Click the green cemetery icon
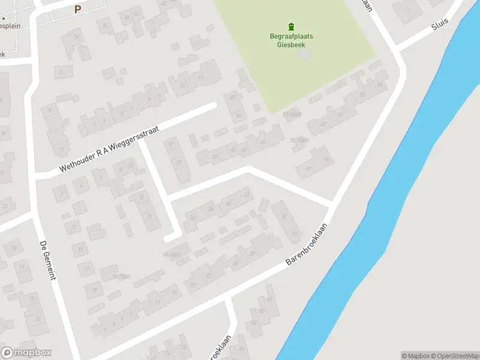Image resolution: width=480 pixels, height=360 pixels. [291, 26]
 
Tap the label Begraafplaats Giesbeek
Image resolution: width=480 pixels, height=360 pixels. [291, 40]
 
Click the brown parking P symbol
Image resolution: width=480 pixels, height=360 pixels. [77, 9]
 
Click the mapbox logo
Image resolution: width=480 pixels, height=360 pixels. [26, 353]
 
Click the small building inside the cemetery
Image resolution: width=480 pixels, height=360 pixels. [304, 55]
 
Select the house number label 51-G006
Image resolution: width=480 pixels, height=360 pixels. [299, 140]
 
